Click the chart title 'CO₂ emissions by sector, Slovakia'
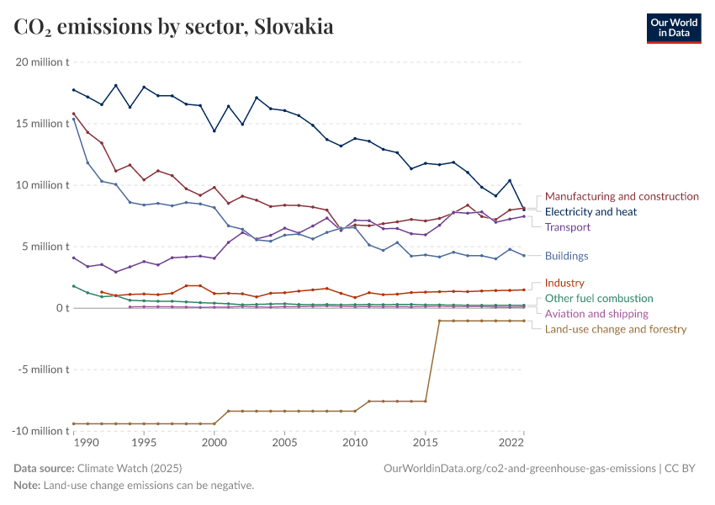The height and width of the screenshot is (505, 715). point(173,27)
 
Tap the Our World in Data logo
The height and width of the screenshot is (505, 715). point(673,27)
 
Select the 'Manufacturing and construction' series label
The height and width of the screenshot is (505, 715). point(622,196)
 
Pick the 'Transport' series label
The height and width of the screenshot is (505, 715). point(568,227)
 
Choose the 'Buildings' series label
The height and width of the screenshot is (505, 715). point(566,256)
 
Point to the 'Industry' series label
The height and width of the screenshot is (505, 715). point(564,283)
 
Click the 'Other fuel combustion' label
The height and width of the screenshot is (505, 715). point(599,298)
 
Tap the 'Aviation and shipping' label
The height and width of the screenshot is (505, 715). point(596,313)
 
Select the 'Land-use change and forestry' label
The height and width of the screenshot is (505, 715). point(616,329)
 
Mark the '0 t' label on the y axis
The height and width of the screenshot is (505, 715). point(62,308)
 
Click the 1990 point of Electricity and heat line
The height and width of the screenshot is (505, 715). point(74,90)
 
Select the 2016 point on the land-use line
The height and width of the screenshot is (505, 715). point(439,321)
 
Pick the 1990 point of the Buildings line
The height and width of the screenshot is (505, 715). point(74,120)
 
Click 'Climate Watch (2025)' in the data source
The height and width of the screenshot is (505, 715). point(129,468)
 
